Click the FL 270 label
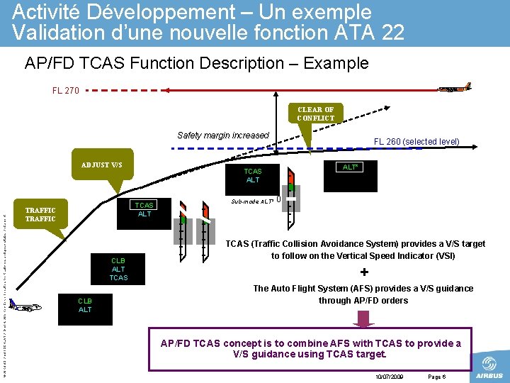tap(66, 91)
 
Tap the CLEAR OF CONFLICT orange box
tap(316, 113)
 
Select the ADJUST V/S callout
tap(101, 166)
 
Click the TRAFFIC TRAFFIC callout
tap(40, 214)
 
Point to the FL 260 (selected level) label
tap(416, 141)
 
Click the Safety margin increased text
tap(223, 135)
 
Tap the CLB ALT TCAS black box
tap(118, 269)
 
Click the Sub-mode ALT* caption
tap(252, 201)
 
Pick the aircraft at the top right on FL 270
tap(455, 88)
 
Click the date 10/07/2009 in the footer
tap(390, 377)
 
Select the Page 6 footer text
tap(436, 377)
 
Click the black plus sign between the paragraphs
tap(364, 272)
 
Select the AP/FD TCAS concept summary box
tap(310, 348)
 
